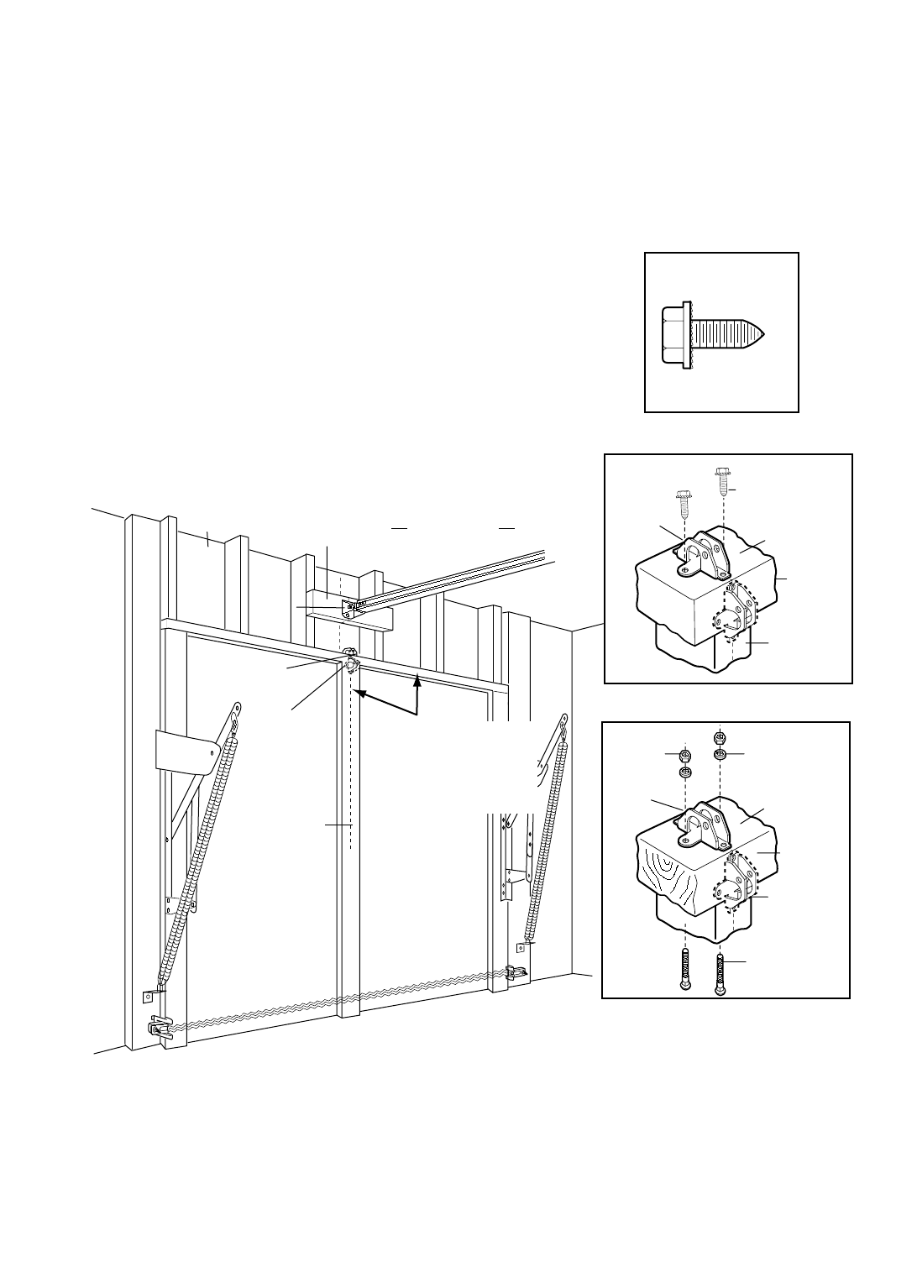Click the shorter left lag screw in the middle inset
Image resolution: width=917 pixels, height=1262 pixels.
[x=681, y=507]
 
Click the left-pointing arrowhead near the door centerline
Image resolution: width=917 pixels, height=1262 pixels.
[x=358, y=694]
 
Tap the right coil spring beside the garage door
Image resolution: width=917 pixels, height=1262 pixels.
[x=547, y=840]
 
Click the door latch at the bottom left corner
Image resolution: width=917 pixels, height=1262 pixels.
[x=161, y=1027]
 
